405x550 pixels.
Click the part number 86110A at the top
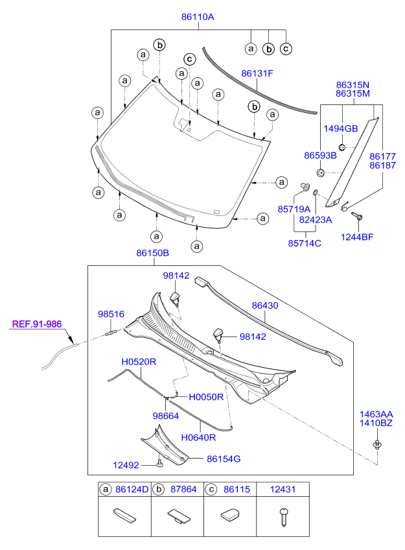(197, 18)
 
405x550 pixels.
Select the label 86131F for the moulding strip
(258, 74)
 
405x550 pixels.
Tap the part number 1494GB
(341, 128)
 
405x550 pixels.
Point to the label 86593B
(320, 156)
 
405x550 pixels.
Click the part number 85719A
(294, 209)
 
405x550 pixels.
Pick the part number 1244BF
(357, 237)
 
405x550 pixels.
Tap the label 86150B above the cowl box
(152, 252)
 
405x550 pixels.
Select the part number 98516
(111, 314)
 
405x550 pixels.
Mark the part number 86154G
(224, 459)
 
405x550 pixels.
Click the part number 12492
(127, 464)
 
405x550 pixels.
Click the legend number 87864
(183, 490)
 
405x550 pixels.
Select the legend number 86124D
(132, 490)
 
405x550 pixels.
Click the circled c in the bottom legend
(211, 490)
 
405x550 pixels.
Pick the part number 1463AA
(376, 414)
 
